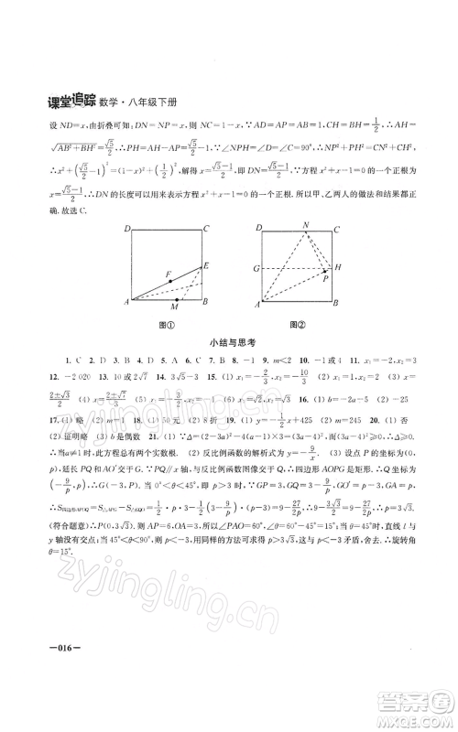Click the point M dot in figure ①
pos(176,298)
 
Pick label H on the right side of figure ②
pos(338,267)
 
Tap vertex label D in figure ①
pos(126,229)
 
